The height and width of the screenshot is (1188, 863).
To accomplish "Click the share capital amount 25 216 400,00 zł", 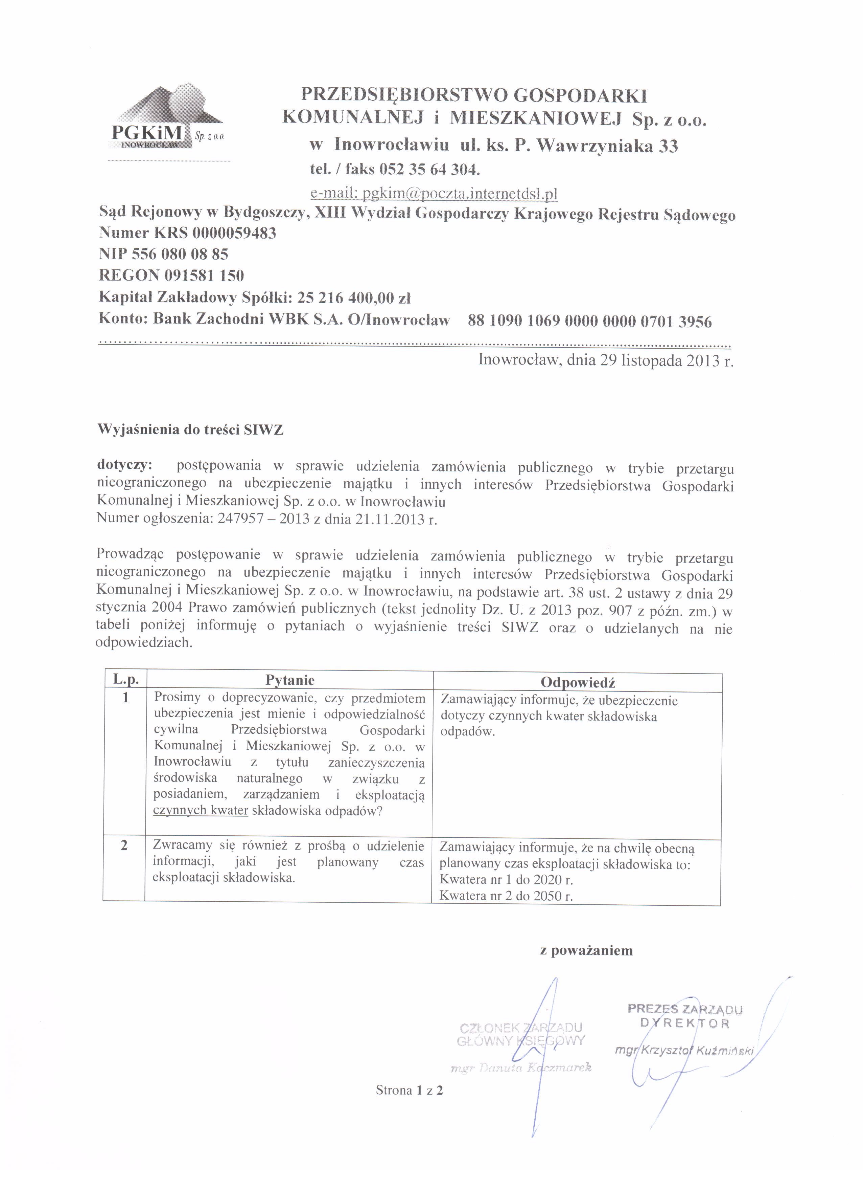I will pyautogui.click(x=353, y=298).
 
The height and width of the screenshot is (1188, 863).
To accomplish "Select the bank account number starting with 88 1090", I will pyautogui.click(x=590, y=321).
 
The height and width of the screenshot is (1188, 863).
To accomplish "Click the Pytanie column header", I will pyautogui.click(x=290, y=680).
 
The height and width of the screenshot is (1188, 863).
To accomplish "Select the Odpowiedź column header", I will pyautogui.click(x=578, y=683).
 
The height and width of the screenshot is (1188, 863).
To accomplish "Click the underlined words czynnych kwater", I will pyautogui.click(x=201, y=810).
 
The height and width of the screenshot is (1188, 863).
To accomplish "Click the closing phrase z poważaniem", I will pyautogui.click(x=586, y=951).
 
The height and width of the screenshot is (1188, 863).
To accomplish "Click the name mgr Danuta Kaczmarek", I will pyautogui.click(x=521, y=1067).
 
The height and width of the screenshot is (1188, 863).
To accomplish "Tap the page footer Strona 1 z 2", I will pyautogui.click(x=409, y=1091).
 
